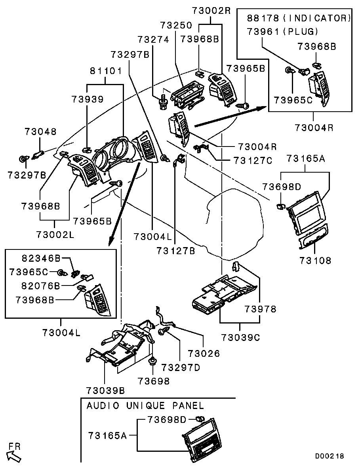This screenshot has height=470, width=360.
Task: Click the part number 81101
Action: click(x=105, y=71)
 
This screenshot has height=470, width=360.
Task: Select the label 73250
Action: click(x=176, y=25)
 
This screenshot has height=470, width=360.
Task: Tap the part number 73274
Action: click(x=154, y=40)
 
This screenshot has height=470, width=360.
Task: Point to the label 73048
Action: click(x=40, y=131)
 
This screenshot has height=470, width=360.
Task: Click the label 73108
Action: click(x=315, y=261)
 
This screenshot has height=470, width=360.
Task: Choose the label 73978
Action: click(x=260, y=309)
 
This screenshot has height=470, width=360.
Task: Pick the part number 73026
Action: click(x=204, y=353)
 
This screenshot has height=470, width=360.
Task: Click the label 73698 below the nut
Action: click(x=154, y=381)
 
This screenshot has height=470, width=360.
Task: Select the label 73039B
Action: click(x=105, y=390)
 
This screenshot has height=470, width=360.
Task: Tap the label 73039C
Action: click(x=240, y=337)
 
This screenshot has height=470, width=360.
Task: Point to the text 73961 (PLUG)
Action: click(x=282, y=31)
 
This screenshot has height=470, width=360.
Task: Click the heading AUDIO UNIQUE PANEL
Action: click(x=145, y=405)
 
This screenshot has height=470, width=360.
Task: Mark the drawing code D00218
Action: click(x=330, y=456)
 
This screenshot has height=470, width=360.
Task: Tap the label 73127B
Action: click(x=176, y=251)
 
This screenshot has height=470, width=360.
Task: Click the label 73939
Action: click(x=88, y=99)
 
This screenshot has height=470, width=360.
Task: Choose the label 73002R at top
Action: click(x=211, y=11)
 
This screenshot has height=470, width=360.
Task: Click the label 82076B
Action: click(x=41, y=285)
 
